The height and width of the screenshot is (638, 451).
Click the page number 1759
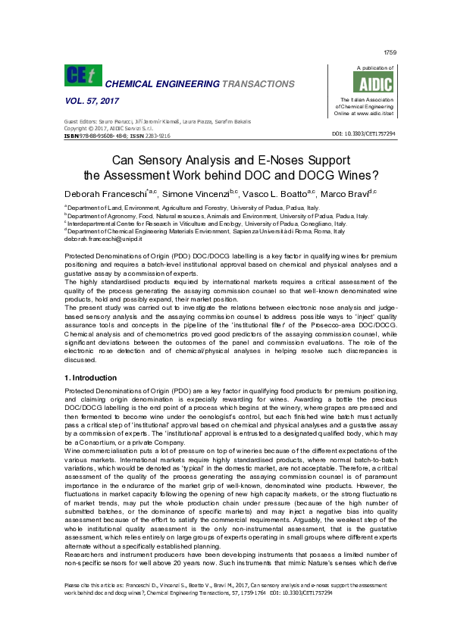pos(390,52)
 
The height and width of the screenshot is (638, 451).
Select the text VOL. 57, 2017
pos(87,102)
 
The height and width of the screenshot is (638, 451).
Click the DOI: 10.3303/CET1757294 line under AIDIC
pos(364,133)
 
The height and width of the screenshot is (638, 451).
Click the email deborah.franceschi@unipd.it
pos(98,239)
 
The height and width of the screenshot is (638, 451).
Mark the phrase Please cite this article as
pos(91,606)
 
